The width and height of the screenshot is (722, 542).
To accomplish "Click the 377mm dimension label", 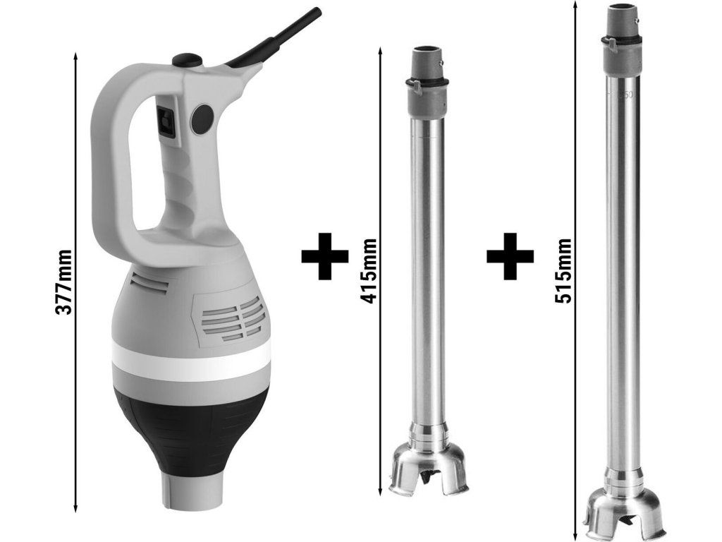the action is pyautogui.click(x=63, y=282).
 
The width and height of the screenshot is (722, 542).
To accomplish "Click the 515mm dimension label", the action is pyautogui.click(x=563, y=271).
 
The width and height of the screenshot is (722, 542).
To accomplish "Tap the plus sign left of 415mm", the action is pyautogui.click(x=324, y=256).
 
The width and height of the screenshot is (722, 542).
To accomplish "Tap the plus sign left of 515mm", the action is pyautogui.click(x=510, y=256).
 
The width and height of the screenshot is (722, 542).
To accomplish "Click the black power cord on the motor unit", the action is pyautogui.click(x=276, y=40).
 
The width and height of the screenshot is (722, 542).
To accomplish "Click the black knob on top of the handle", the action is pyautogui.click(x=187, y=60).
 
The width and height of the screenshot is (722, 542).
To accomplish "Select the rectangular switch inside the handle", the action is pyautogui.click(x=166, y=121).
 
